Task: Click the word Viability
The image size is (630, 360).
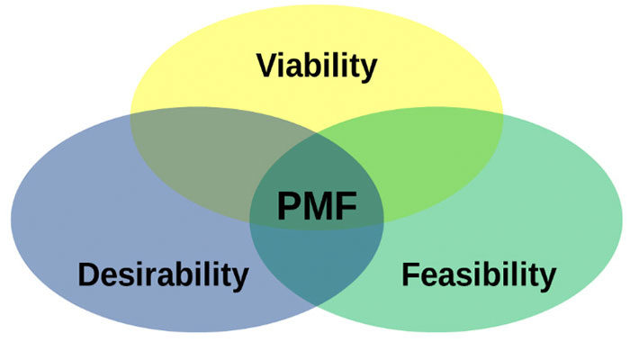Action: [315, 67]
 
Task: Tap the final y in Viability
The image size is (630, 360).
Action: [367, 70]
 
